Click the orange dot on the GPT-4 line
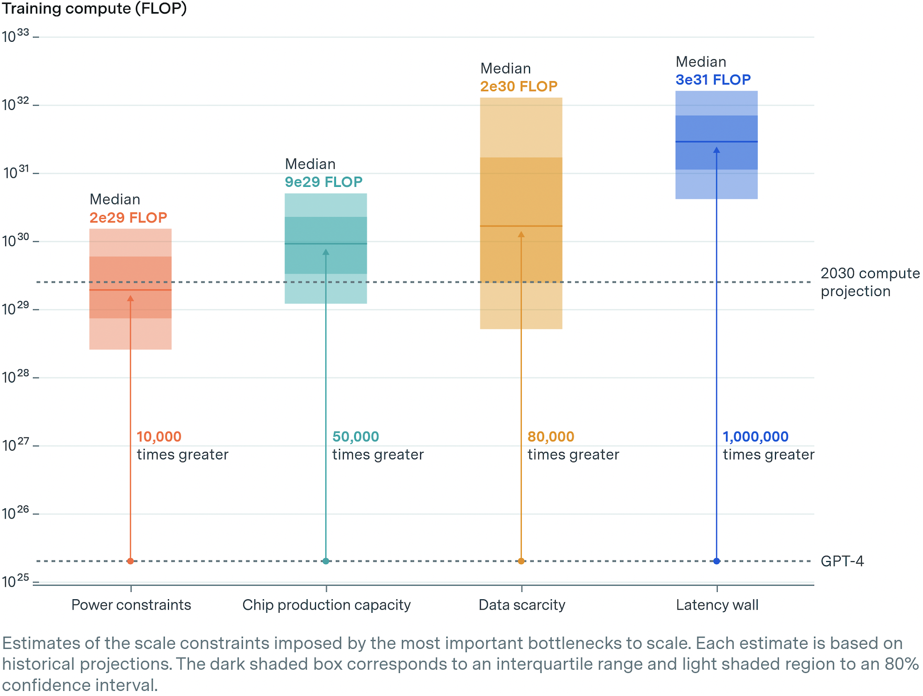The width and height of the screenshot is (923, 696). pos(521,561)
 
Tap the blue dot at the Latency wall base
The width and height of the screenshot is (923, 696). pos(716,561)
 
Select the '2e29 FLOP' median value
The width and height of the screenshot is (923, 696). pos(128,218)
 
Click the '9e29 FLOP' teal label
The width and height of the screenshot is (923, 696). pos(323,182)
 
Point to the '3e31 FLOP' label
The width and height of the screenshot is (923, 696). pos(713,80)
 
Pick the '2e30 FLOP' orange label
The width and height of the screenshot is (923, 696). pos(519,86)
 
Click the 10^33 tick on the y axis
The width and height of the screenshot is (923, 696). pos(16,36)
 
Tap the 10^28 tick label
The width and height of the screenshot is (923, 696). pos(16,377)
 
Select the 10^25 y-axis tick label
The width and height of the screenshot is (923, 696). pos(16,581)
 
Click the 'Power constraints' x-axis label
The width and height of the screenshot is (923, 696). pos(131,605)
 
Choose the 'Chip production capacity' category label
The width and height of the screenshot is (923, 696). pos(326,605)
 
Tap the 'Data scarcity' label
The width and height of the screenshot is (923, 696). pos(522,605)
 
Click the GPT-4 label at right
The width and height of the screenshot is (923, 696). pos(842,562)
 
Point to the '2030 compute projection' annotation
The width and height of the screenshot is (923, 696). pos(869,282)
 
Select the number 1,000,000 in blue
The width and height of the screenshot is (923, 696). pos(755,437)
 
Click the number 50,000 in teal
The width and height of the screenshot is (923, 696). pos(355,437)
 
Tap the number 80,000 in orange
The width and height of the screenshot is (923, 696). pos(550,437)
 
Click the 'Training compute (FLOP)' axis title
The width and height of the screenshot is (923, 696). pos(94,9)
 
